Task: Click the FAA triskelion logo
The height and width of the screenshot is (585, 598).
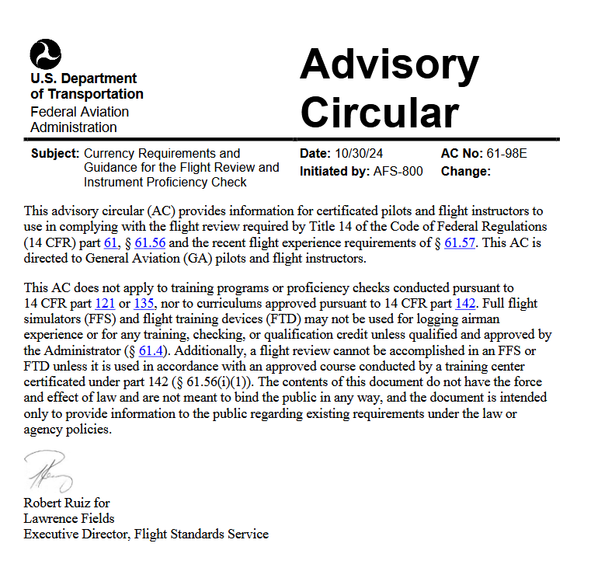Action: pos(46,54)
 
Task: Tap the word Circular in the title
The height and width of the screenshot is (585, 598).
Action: pos(379,113)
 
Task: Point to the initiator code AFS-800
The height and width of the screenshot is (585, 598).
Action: pos(398,171)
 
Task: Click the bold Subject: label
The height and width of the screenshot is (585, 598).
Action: pos(55,153)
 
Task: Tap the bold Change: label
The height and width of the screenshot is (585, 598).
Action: pos(466,171)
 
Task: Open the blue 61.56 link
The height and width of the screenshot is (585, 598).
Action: pos(150,243)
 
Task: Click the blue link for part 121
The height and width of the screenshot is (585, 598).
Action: pos(106,303)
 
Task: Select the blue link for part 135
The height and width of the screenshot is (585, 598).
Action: pos(145,303)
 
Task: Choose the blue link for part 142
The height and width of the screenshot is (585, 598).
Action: pos(465,303)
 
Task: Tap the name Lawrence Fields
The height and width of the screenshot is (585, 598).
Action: pos(69,518)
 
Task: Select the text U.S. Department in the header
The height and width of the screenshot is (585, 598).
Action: pos(84,78)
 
